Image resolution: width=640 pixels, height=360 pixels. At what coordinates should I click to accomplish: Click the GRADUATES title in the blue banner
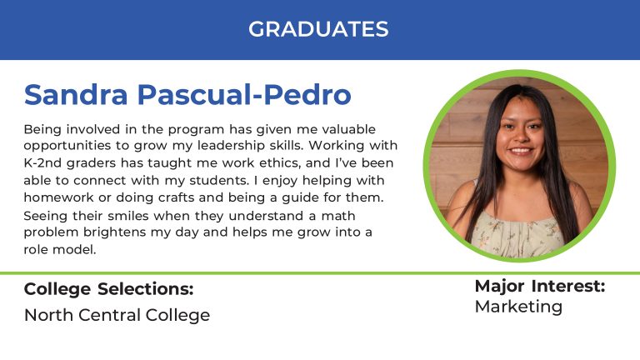318,29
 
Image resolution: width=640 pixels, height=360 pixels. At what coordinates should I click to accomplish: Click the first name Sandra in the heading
76,95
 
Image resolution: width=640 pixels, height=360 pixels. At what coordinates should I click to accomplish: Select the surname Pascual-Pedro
244,95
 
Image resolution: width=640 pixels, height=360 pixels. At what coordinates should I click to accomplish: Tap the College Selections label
108,289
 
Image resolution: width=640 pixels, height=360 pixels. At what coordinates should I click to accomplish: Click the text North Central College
117,315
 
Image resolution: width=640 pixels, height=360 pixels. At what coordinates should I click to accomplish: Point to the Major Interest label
540,286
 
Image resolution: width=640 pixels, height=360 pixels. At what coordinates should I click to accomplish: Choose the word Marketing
518,307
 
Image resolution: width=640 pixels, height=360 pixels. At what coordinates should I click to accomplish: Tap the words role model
60,249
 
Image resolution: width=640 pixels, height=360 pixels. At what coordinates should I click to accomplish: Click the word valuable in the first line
348,129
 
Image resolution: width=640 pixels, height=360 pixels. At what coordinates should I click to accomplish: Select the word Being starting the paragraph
42,130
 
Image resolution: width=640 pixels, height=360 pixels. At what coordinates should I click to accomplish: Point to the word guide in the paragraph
300,198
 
